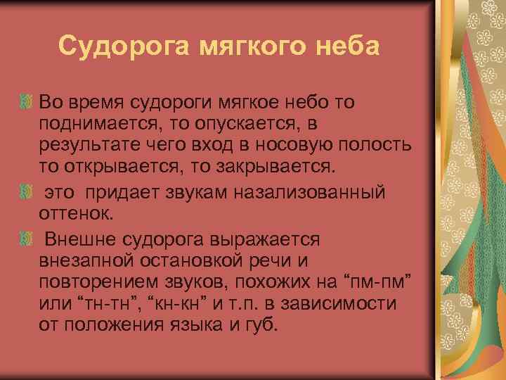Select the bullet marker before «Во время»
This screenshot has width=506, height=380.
pos(25,103)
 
